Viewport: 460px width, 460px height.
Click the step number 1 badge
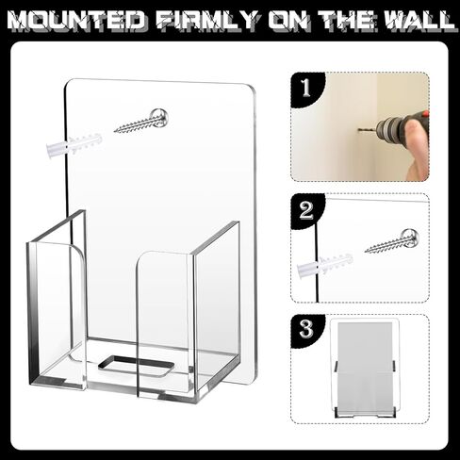(x=306, y=89)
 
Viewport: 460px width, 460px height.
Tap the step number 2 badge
(x=306, y=210)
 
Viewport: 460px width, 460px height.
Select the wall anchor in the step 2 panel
(x=325, y=267)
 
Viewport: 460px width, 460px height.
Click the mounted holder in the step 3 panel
(x=367, y=364)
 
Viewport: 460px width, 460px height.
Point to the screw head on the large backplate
(x=159, y=117)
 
